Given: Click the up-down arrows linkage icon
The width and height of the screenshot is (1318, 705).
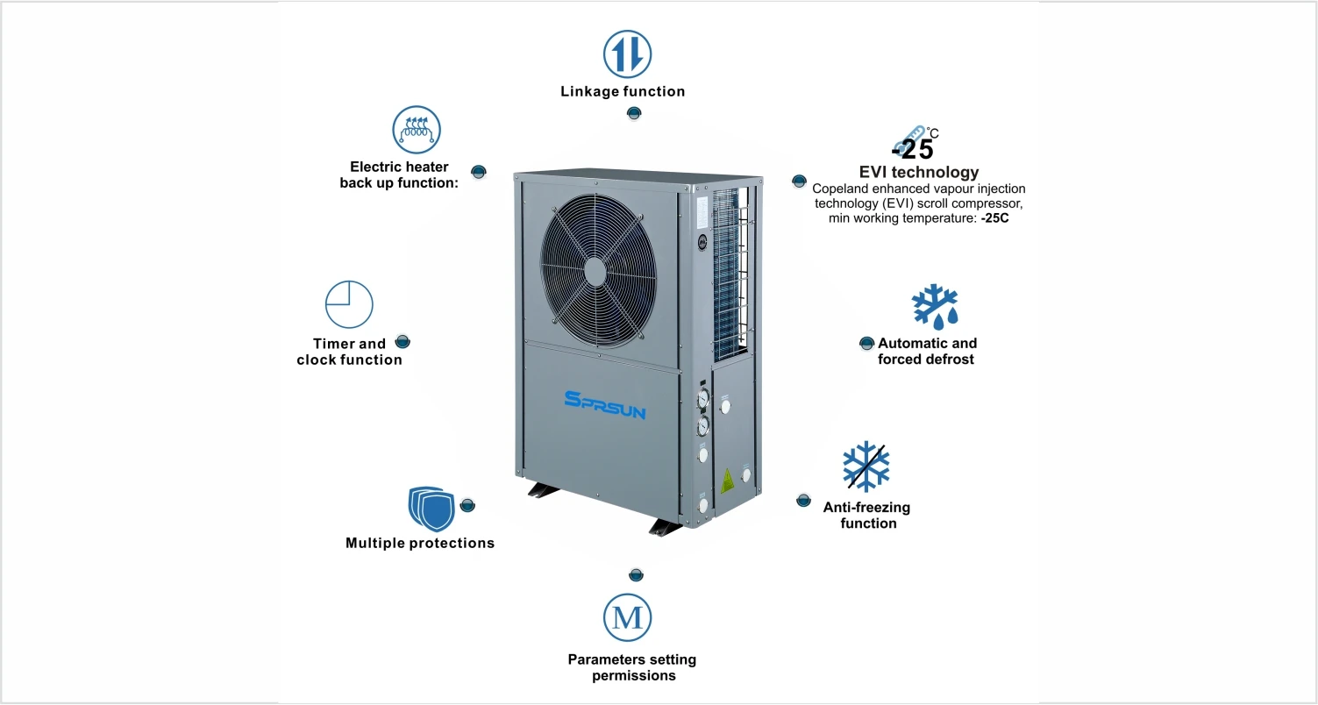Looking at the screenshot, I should tap(627, 53).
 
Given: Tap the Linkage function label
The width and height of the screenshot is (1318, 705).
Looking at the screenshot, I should tap(623, 91).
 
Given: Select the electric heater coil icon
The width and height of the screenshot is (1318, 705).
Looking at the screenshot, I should tap(417, 130).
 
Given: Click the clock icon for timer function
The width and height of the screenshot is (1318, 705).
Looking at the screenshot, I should tap(349, 304).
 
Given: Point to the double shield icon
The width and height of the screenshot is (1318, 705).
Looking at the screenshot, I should tap(429, 509).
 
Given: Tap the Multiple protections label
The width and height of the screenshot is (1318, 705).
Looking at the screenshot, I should tap(420, 543).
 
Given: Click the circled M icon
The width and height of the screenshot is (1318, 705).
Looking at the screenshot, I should tap(627, 617).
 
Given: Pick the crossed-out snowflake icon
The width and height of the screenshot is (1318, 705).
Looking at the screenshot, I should tap(866, 466).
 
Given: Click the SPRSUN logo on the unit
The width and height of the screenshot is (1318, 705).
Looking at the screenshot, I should tap(605, 405).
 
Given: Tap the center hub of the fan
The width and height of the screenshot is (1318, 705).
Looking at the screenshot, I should tap(596, 269).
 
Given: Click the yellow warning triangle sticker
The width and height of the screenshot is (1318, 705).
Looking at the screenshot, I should tap(727, 480).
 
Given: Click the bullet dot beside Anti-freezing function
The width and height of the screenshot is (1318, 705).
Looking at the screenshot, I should tap(803, 500).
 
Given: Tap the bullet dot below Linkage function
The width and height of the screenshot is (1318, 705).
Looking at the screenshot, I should tap(633, 113).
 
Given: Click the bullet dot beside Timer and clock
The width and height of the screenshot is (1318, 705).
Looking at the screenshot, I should tap(403, 341).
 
